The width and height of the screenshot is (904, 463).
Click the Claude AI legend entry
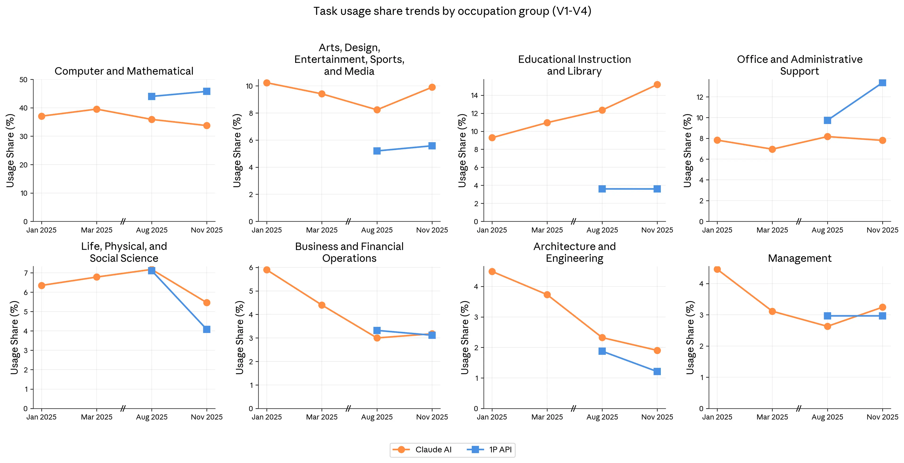tap(422, 450)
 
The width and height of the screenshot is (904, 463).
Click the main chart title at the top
tap(452, 11)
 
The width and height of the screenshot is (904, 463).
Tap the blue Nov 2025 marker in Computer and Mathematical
tap(207, 92)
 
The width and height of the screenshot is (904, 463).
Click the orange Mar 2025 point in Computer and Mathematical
tap(97, 109)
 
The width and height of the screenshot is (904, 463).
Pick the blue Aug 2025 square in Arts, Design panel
tap(377, 151)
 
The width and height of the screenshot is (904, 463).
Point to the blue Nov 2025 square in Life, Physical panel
tap(207, 329)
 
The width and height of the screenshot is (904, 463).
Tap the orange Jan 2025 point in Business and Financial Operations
tap(267, 270)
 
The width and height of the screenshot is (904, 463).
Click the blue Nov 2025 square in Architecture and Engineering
tap(657, 371)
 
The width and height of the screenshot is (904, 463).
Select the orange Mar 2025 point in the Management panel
tap(772, 311)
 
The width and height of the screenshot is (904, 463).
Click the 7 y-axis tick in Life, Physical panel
tap(26, 273)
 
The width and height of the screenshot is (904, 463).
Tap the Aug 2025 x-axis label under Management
tap(827, 417)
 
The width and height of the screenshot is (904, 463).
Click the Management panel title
tap(799, 258)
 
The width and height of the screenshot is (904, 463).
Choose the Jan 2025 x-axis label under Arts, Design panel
tap(267, 230)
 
